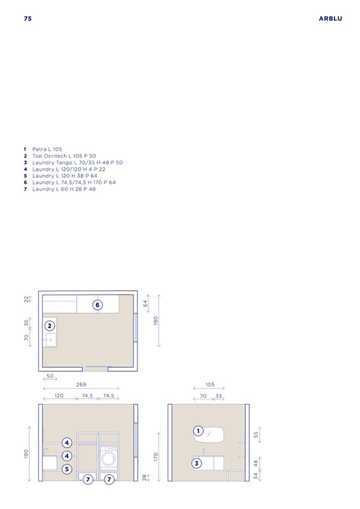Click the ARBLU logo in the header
(330, 19)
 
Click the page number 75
(28, 19)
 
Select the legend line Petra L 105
(47, 149)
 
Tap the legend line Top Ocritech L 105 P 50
(64, 156)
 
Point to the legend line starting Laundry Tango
(78, 162)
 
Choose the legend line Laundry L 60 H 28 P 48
(64, 189)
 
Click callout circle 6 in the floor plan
(97, 305)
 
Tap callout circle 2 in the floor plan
(50, 326)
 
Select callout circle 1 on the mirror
(198, 431)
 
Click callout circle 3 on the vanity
(196, 463)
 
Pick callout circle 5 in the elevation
(67, 469)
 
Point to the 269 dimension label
(81, 384)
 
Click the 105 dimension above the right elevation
(210, 384)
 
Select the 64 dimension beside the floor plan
(145, 303)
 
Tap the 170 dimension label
(156, 457)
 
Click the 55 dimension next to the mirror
(255, 434)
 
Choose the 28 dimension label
(144, 478)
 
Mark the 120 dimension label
(59, 396)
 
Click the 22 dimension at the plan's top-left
(27, 299)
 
